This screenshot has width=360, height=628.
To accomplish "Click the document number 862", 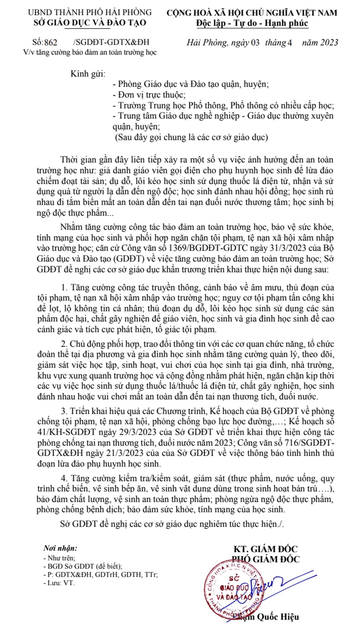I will pyautogui.click(x=51, y=43).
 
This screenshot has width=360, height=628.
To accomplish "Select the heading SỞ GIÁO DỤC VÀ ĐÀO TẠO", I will pyautogui.click(x=90, y=23).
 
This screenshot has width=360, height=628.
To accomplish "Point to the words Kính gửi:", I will pyautogui.click(x=88, y=74).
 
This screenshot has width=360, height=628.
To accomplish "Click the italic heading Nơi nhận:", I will pyautogui.click(x=60, y=548).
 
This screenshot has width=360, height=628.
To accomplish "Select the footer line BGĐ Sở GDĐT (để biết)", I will pyautogui.click(x=83, y=566).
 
